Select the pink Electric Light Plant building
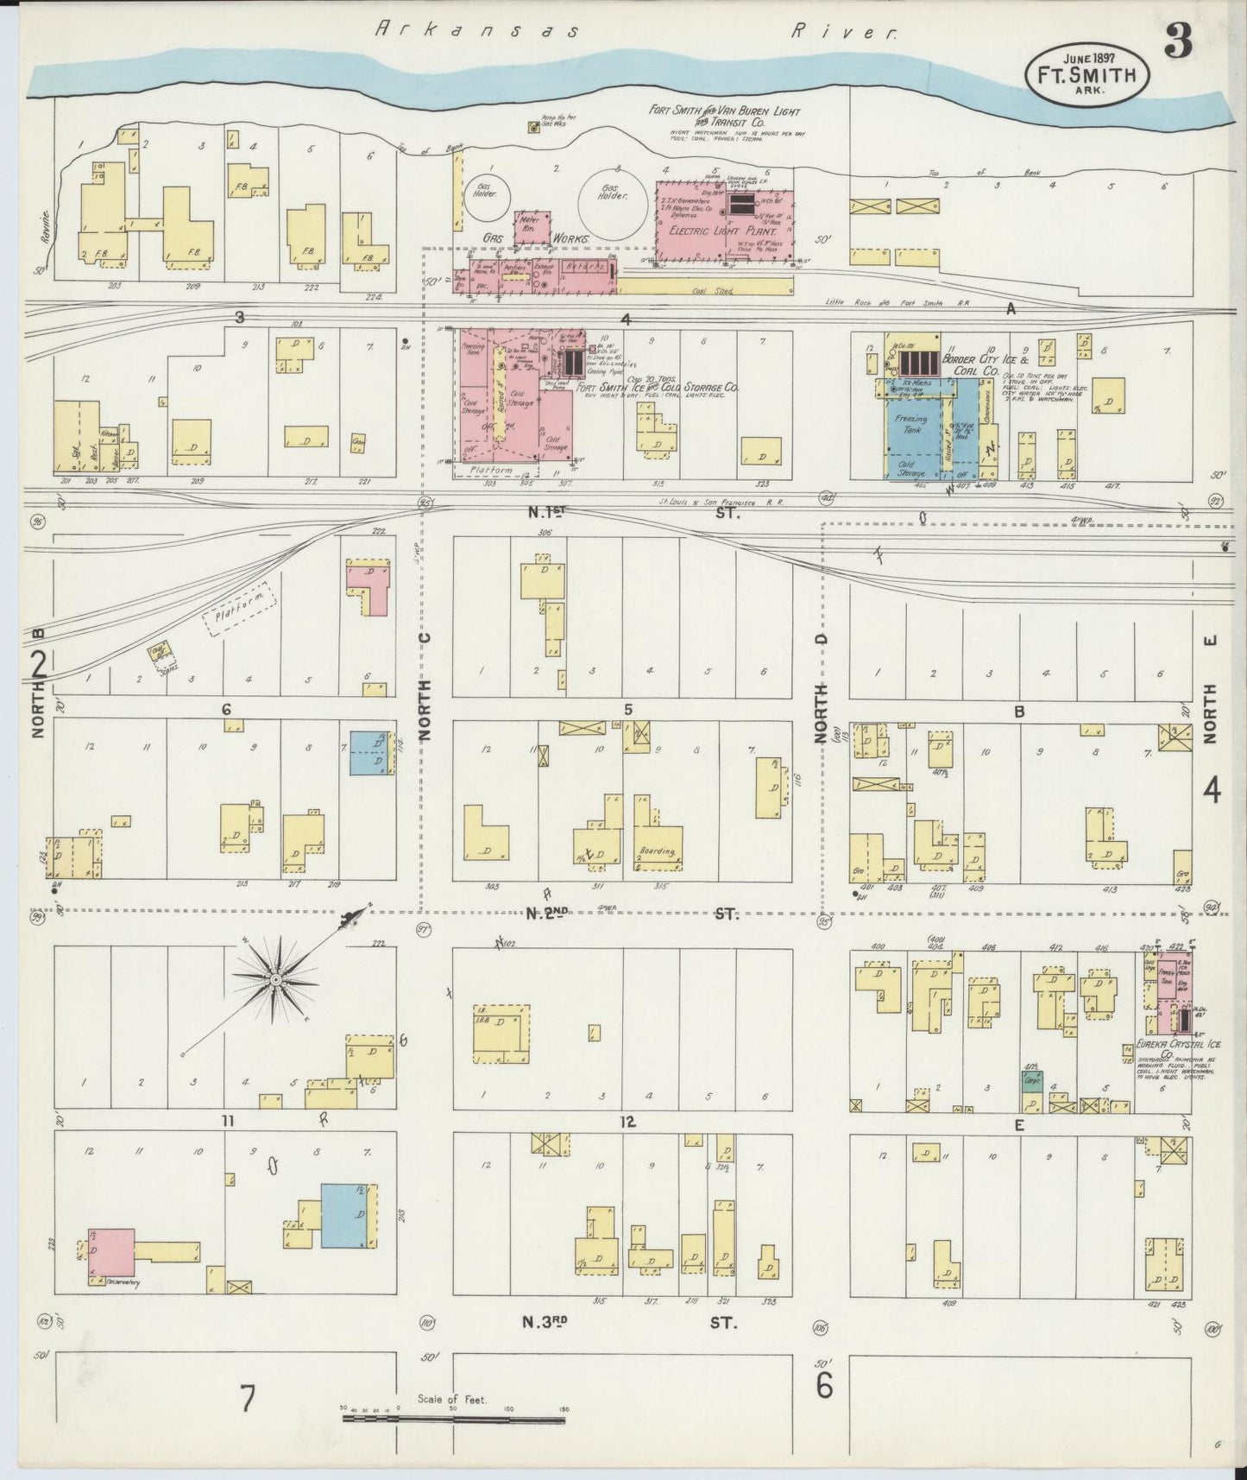723,221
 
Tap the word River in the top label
844,31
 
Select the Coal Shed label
713,292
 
